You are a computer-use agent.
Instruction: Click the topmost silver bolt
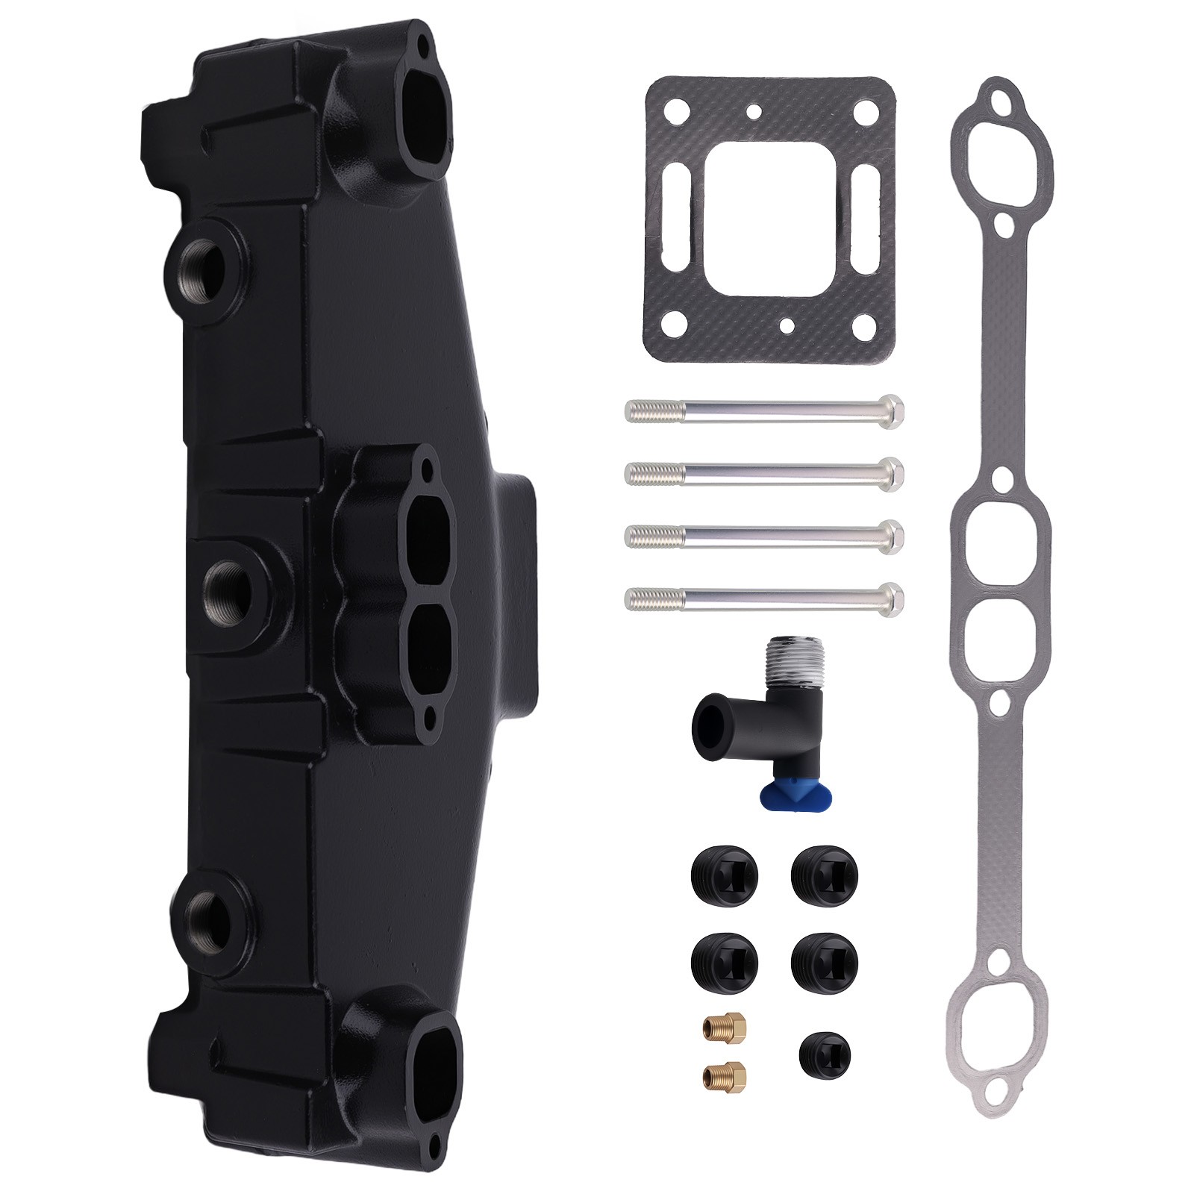761,410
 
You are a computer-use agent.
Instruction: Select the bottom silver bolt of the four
761,596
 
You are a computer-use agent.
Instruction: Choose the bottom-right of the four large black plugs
825,963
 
